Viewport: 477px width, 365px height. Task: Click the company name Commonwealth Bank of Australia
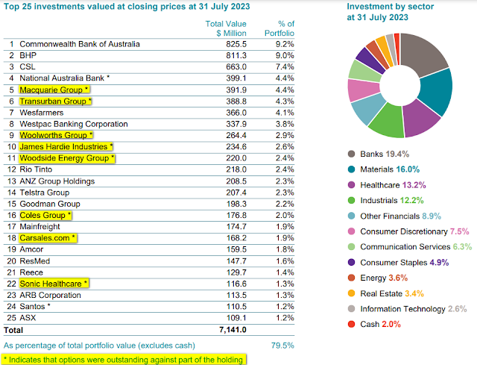(x=79, y=44)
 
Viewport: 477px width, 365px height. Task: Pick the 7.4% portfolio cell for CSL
(x=284, y=66)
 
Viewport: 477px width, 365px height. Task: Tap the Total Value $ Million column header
(x=226, y=28)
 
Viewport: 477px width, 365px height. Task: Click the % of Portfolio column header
(x=279, y=28)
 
